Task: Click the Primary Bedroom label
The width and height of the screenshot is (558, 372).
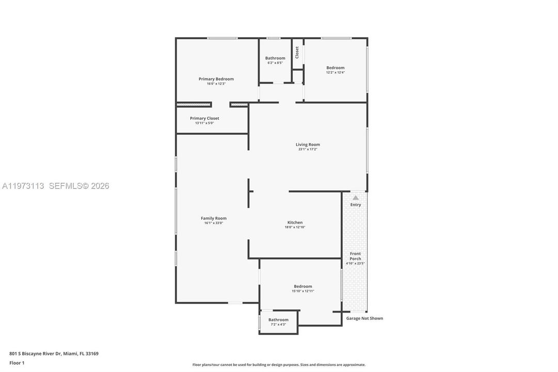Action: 216,79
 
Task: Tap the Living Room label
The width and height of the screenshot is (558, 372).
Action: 308,144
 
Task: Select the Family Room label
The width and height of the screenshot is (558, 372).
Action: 214,218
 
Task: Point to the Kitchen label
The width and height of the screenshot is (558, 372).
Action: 295,222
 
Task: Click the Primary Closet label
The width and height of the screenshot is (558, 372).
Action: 204,118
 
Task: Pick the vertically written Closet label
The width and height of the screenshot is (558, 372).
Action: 297,52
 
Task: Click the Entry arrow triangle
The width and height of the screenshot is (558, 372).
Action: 356,197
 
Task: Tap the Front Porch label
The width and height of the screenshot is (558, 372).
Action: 355,256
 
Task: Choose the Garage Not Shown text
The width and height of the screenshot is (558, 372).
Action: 364,318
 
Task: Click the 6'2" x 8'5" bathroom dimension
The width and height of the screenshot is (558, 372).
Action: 275,63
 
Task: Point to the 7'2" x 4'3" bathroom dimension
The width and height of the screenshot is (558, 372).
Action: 278,324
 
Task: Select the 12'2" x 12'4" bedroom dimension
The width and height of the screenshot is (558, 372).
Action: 335,72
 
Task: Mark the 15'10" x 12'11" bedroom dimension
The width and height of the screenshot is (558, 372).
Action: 303,291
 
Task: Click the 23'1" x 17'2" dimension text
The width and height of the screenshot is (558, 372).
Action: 308,149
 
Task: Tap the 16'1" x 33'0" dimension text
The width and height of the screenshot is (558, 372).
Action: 214,223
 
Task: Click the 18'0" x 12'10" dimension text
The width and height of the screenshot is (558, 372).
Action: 295,227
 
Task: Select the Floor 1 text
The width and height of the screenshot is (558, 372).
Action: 17,363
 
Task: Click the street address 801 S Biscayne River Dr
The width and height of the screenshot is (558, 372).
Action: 36,354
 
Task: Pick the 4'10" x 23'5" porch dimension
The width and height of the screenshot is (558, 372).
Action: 355,263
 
